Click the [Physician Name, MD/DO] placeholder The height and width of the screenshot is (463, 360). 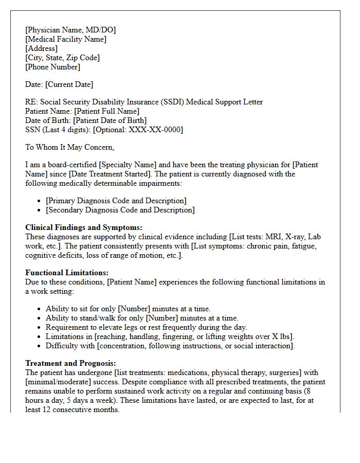(70, 30)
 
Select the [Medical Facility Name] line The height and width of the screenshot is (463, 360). (66, 39)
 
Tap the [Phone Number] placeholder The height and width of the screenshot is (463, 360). (52, 67)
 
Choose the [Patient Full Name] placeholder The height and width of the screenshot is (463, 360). (106, 111)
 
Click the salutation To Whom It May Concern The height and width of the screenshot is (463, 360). (70, 147)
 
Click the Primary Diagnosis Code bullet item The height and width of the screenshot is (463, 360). (116, 201)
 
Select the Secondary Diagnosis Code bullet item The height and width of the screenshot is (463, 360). (120, 210)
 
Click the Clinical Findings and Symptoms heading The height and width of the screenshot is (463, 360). (84, 227)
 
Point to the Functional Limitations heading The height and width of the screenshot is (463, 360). (67, 273)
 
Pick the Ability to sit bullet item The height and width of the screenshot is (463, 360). (128, 309)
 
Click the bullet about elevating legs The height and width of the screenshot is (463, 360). (146, 327)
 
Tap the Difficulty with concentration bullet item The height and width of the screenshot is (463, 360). (170, 346)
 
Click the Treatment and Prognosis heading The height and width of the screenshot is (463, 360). (70, 363)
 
